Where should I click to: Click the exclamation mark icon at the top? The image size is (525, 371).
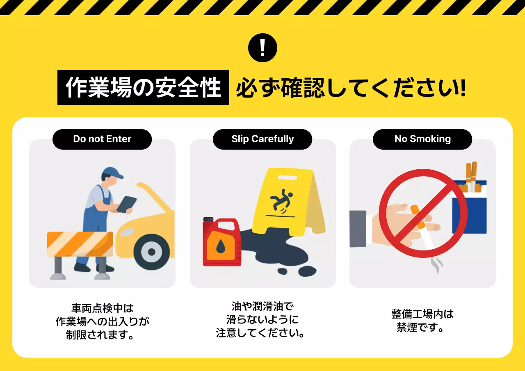(x=262, y=48)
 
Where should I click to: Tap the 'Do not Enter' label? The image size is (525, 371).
(x=102, y=139)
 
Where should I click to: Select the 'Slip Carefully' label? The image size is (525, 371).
(x=262, y=139)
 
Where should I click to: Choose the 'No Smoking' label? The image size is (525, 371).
(x=422, y=139)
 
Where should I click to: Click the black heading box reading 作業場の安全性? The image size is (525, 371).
(x=143, y=87)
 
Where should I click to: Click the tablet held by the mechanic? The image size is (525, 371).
(x=127, y=204)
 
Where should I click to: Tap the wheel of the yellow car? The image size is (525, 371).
(x=151, y=252)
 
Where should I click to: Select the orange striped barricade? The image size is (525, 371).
(x=80, y=244)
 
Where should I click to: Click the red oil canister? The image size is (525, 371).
(x=222, y=244)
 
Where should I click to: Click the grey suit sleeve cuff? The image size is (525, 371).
(x=358, y=229)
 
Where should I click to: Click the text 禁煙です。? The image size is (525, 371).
(x=422, y=328)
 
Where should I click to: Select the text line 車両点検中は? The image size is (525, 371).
(x=102, y=308)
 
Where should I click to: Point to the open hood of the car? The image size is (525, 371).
(x=156, y=199)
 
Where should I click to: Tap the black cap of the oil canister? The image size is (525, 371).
(x=208, y=220)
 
